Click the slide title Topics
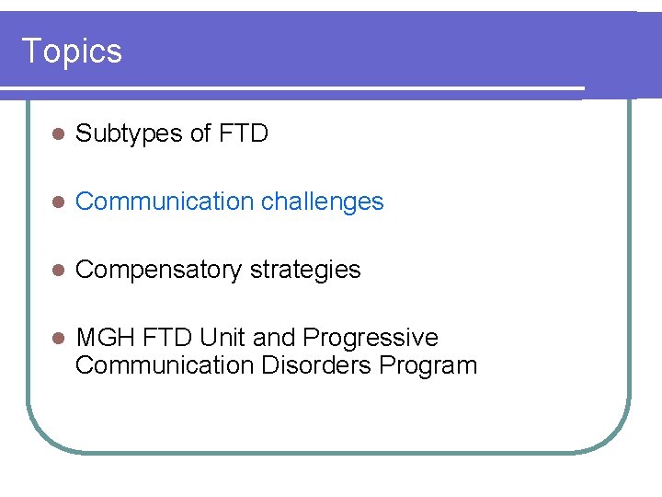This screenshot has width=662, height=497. point(71,51)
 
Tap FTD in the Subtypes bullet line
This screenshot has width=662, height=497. point(244,133)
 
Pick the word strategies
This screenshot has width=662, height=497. point(305,270)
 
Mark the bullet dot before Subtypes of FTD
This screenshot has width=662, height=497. point(57,134)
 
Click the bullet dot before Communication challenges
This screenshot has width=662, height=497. point(57,202)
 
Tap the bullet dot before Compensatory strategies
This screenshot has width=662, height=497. point(57,271)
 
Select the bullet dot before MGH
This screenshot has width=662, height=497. point(57,339)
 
